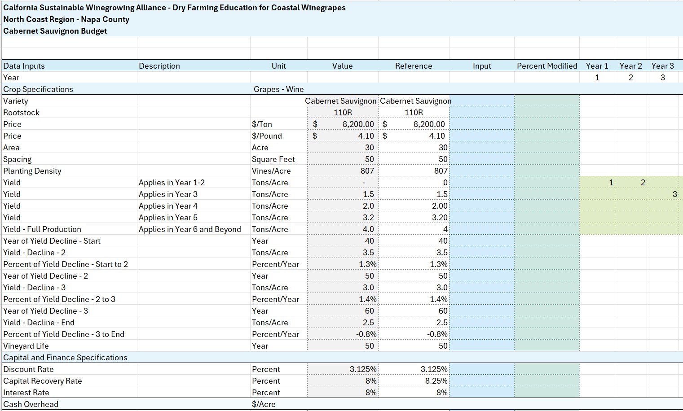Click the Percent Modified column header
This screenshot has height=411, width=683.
coord(547,66)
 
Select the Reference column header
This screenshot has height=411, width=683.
coord(414,66)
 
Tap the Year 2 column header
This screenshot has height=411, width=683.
coord(630,66)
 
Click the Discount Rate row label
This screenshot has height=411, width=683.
coord(28,369)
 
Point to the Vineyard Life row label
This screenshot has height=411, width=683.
coord(26,346)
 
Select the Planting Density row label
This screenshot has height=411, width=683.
coord(32,171)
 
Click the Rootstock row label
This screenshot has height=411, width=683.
coord(22,113)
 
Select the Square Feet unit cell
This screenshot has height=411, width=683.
coord(273,159)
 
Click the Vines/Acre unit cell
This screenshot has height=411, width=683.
coord(271,171)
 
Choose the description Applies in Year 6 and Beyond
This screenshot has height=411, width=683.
coord(189,229)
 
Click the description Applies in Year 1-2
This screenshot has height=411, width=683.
coord(172,183)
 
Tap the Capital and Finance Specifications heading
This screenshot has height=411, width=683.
coord(65,357)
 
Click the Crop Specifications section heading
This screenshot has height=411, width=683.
coord(38,89)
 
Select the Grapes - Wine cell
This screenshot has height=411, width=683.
coord(279,89)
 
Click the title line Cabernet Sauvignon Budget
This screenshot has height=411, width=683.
coord(55,31)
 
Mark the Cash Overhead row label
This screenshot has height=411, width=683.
coord(31,404)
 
